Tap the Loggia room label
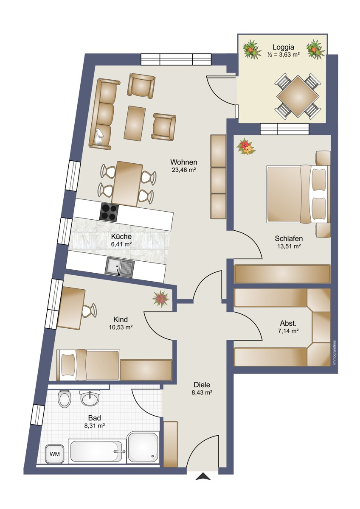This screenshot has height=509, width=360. tap(283, 47)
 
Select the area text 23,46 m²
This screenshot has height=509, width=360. tap(184, 170)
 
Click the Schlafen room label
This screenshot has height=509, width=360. tap(289, 238)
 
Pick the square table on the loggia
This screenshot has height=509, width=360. tap(298, 96)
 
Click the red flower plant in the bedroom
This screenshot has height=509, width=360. tap(246, 147)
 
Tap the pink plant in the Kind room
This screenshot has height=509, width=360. tap(161, 299)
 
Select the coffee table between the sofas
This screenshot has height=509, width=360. tap(135, 123)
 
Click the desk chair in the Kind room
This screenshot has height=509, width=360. tap(89, 310)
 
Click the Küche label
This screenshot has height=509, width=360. tap(121, 237)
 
